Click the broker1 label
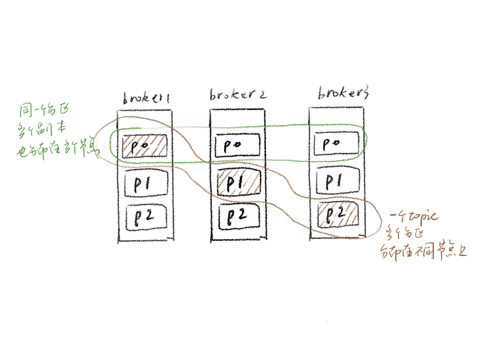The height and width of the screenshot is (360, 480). point(145,98)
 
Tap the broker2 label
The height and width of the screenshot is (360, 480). point(238,95)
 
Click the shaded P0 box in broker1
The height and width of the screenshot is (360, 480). point(145,146)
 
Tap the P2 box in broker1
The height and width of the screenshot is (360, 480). point(146,217)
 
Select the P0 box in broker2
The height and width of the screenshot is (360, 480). point(237,145)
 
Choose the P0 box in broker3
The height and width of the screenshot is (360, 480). point(336,143)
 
